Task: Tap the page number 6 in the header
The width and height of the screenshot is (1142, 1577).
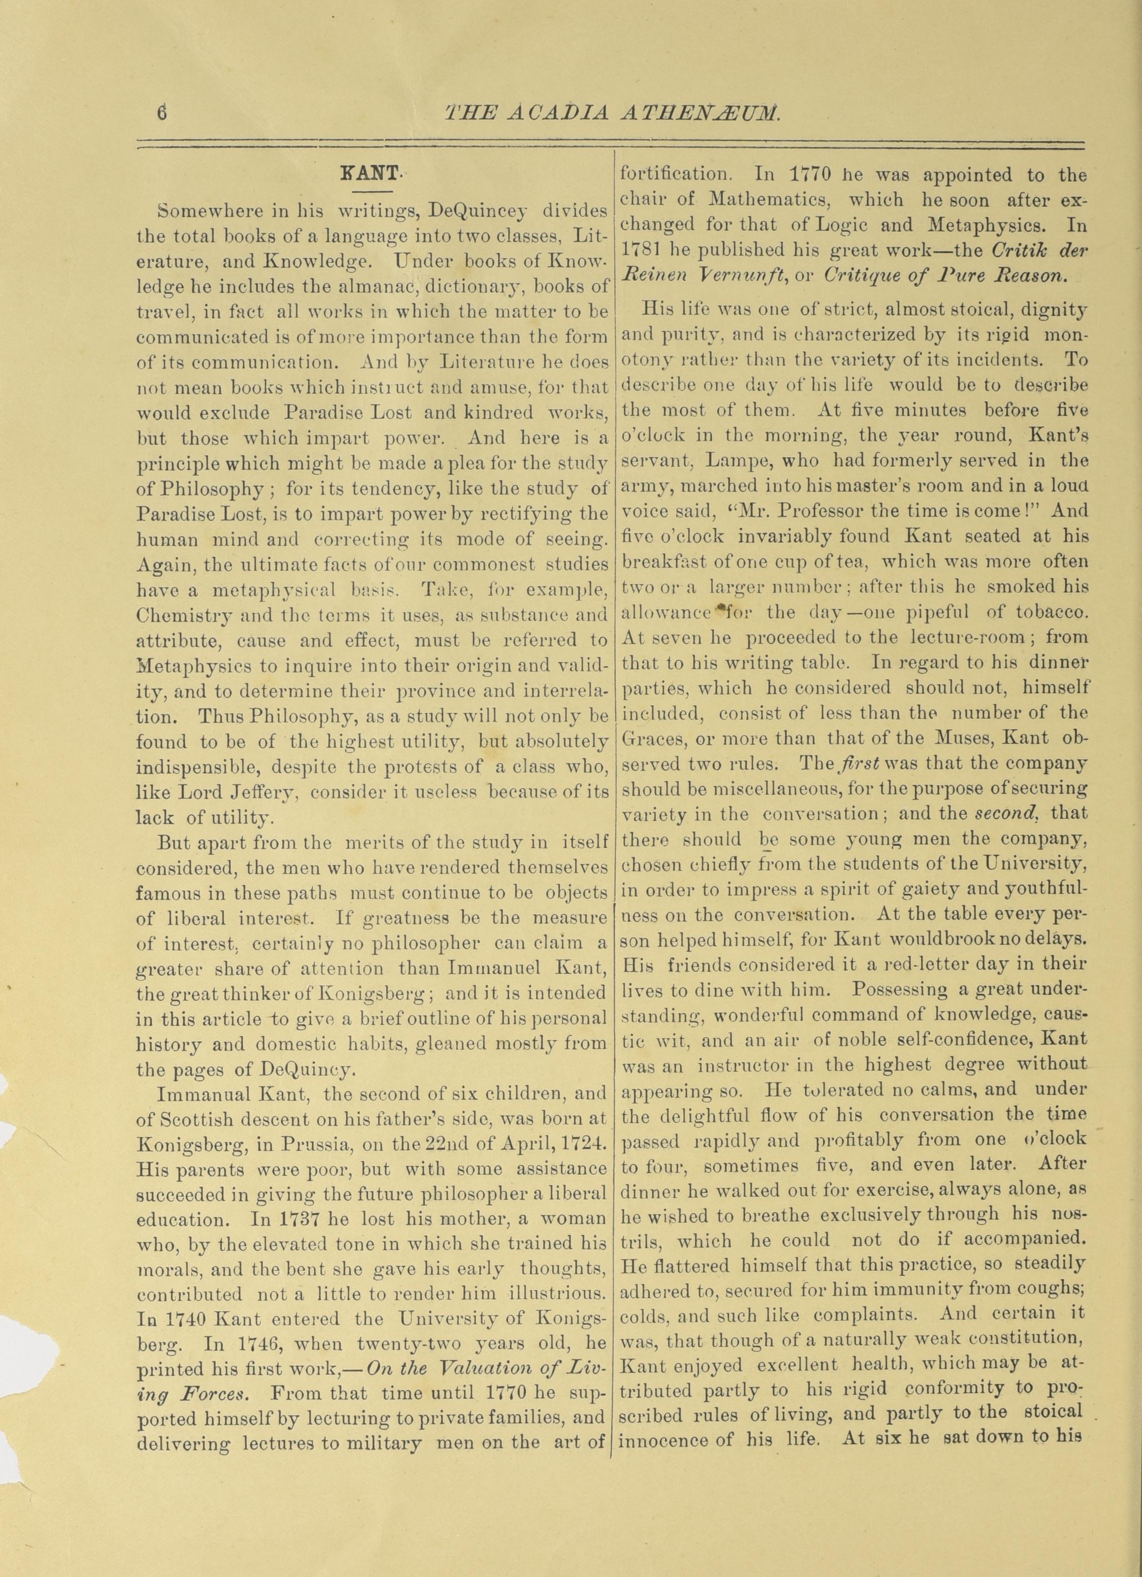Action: click(163, 113)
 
